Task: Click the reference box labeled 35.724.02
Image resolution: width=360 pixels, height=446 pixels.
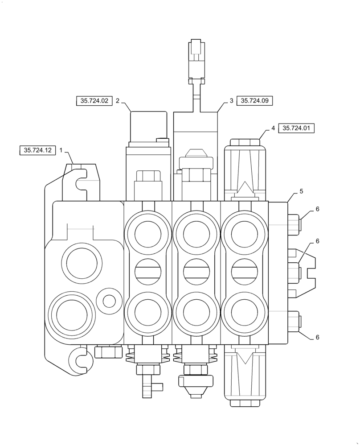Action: (94, 101)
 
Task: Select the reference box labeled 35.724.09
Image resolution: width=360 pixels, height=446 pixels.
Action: (254, 101)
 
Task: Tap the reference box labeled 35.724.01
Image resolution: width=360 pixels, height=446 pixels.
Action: (296, 128)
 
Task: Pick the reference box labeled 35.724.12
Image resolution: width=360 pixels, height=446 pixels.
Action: (38, 151)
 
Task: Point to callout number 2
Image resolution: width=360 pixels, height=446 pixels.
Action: (118, 101)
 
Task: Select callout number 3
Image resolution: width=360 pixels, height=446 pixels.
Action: (231, 101)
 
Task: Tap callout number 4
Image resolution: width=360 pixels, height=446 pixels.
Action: (273, 128)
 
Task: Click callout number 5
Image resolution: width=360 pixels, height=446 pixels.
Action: (302, 191)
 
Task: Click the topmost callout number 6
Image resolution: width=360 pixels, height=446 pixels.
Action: (318, 209)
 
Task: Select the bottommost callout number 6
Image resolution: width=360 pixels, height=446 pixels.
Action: (318, 337)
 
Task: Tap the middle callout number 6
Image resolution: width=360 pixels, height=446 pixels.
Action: (318, 241)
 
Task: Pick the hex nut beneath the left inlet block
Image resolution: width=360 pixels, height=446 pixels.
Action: (108, 352)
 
